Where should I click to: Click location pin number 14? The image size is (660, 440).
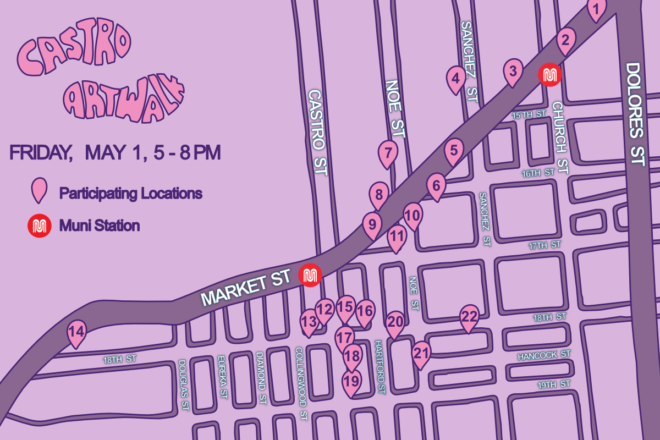tap(76, 332)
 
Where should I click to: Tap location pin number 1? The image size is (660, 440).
tap(597, 9)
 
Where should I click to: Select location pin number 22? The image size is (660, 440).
tap(469, 317)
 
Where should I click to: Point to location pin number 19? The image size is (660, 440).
tap(351, 381)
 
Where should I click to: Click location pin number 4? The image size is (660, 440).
tap(455, 78)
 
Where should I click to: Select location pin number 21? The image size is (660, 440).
tap(421, 354)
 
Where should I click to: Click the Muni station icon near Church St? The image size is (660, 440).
tap(549, 75)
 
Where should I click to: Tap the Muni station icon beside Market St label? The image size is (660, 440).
tap(310, 275)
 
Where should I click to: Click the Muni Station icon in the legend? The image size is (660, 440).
tap(40, 226)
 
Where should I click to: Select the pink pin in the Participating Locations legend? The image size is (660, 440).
tap(38, 190)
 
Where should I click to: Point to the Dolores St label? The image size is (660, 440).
tap(636, 114)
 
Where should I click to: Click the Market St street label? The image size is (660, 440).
tap(245, 290)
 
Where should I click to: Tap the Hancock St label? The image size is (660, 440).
tap(544, 356)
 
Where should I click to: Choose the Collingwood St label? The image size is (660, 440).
tap(300, 384)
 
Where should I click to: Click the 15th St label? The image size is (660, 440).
tap(529, 115)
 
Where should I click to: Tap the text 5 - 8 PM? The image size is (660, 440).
tap(188, 152)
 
